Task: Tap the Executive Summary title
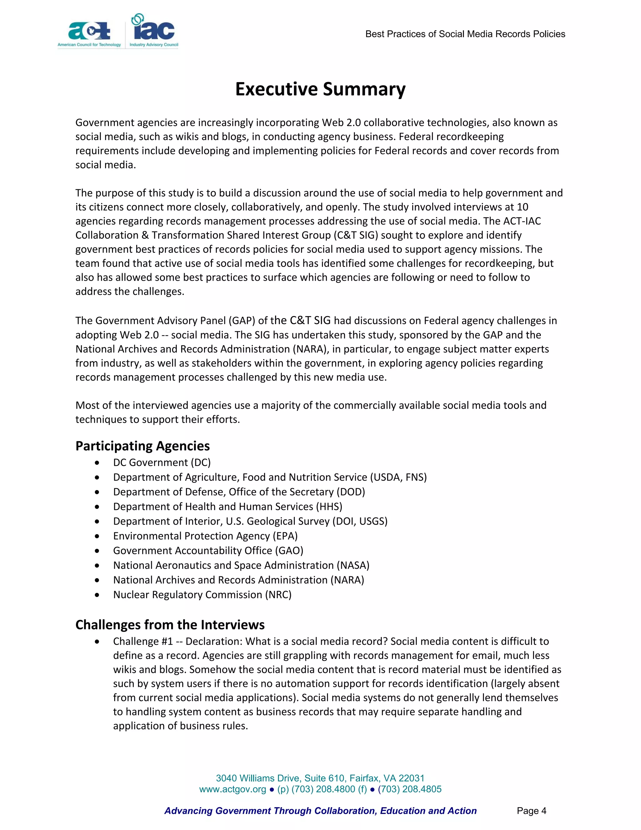pos(320,89)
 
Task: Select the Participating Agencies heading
pos(142,446)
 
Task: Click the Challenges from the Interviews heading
pos(170,625)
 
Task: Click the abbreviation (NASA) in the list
pos(353,565)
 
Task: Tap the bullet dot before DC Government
pos(98,463)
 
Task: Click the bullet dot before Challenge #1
pos(98,641)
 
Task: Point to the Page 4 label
pos(531,811)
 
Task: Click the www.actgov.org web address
pos(233,789)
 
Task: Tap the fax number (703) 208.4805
pos(409,789)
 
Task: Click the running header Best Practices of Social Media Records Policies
pos(465,34)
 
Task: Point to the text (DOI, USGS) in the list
pos(360,521)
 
